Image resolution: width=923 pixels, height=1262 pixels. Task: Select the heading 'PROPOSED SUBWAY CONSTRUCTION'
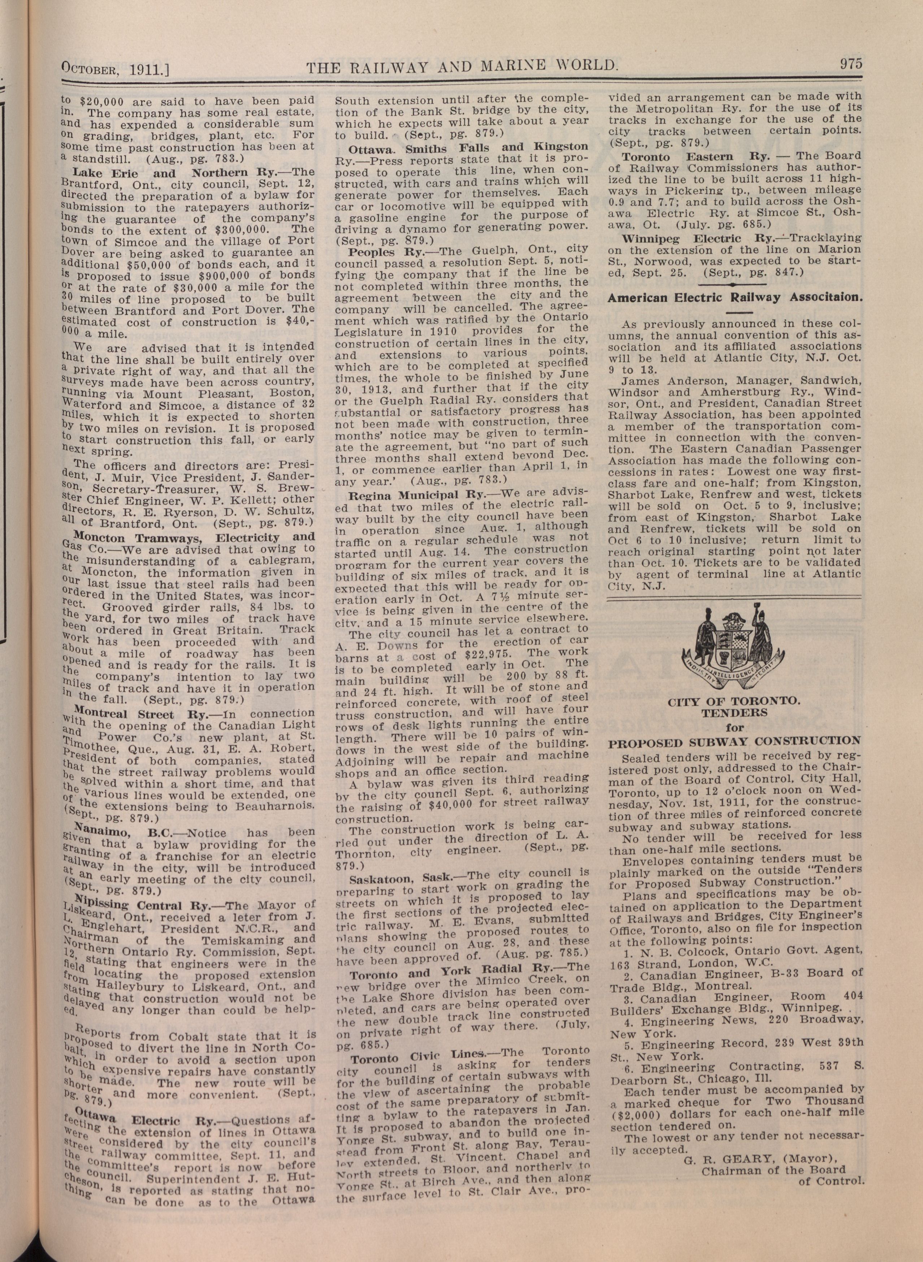734,741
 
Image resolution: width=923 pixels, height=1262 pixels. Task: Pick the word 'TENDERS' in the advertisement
734,713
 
